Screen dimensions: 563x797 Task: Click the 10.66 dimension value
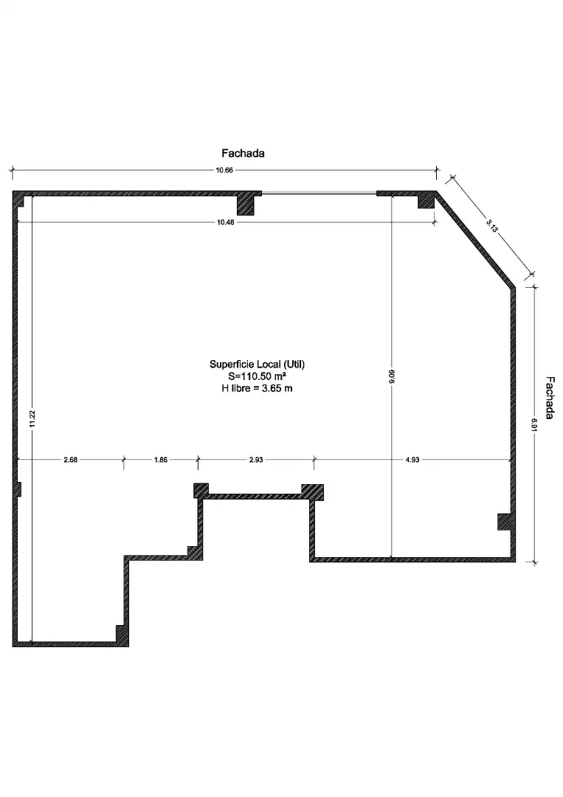pos(224,170)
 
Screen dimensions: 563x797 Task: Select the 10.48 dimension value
pos(225,222)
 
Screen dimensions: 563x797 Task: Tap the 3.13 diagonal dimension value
pos(491,226)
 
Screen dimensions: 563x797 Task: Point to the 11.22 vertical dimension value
pos(32,418)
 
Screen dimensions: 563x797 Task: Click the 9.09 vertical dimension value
pos(391,376)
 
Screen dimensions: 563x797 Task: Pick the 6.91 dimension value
pos(534,424)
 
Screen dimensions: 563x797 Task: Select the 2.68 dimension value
pos(71,460)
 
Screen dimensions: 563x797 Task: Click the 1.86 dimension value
pos(161,460)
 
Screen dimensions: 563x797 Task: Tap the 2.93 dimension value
pos(256,460)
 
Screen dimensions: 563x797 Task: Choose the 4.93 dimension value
pos(412,460)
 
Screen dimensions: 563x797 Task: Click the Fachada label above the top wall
pos(243,153)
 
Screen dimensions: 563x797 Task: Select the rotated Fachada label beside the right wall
pos(550,398)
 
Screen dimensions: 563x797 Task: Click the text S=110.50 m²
pos(257,376)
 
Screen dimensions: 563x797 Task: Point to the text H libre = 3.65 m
pos(257,388)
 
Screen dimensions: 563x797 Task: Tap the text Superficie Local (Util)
pos(257,364)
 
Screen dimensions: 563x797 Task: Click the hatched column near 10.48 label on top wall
pos(246,205)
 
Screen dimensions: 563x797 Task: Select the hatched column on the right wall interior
pos(504,522)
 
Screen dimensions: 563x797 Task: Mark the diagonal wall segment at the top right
pos(476,239)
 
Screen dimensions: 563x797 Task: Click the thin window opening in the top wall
pos(319,193)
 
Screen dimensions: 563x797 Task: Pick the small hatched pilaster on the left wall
pos(18,489)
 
